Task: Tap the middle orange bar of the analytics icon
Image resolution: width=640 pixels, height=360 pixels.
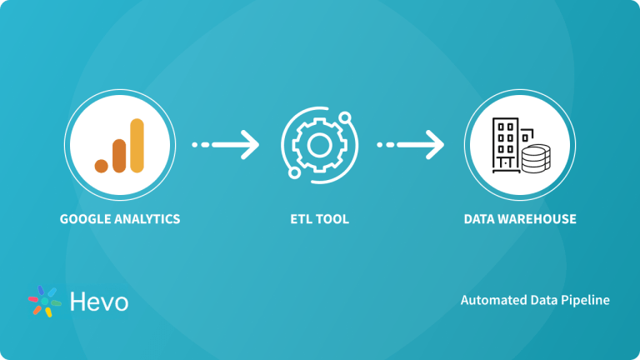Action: click(119, 154)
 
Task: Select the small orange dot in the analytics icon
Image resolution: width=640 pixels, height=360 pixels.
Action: click(102, 164)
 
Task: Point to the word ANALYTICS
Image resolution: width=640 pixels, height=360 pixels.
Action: click(146, 220)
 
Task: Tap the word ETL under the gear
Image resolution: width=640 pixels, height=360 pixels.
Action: click(302, 220)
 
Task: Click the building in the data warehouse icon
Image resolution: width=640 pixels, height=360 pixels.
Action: click(506, 142)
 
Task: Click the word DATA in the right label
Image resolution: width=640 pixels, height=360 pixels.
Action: click(480, 220)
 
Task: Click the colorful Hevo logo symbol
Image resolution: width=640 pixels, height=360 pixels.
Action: click(45, 301)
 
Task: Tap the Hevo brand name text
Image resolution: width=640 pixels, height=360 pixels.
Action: click(99, 301)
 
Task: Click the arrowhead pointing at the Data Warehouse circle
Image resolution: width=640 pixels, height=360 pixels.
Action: click(435, 145)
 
